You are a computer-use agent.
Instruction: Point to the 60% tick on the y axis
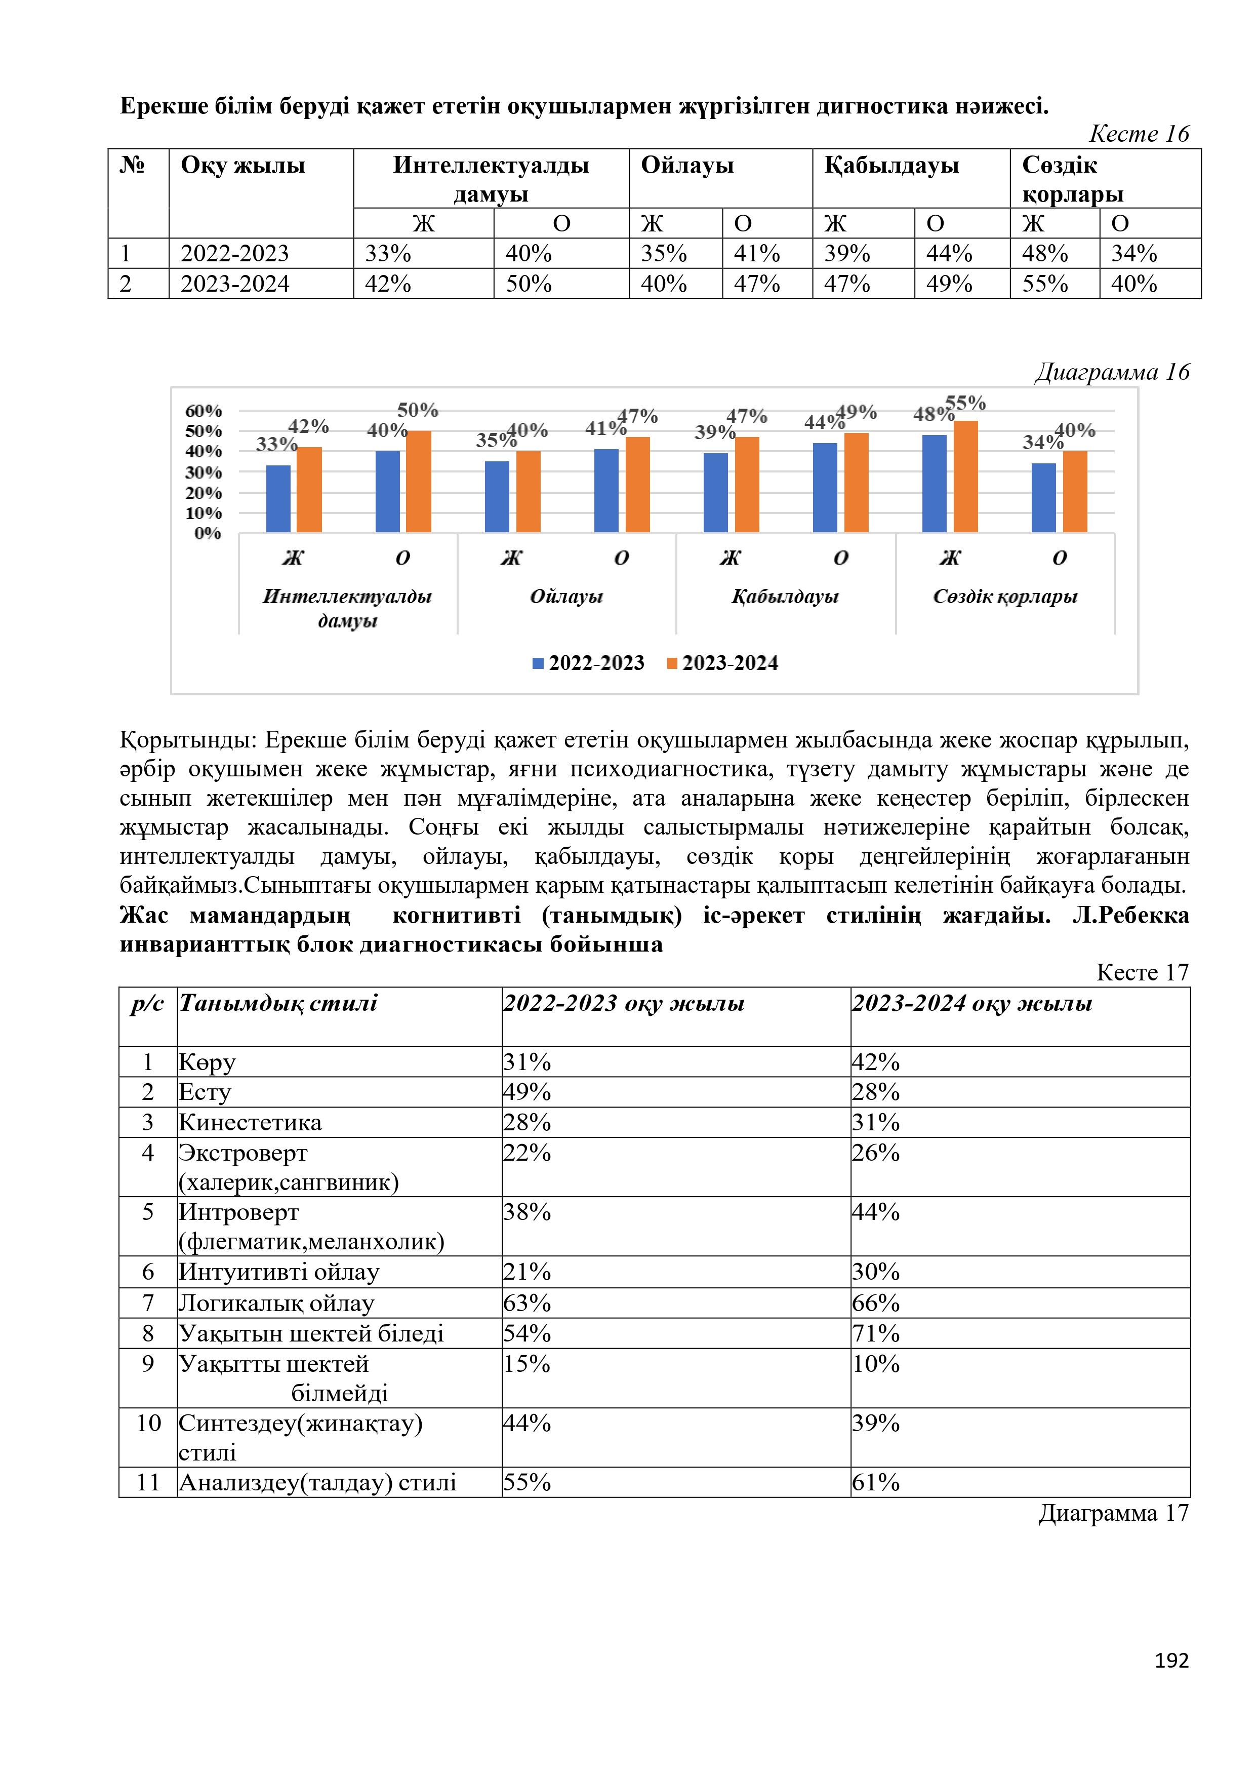(204, 411)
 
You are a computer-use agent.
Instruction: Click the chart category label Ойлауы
(565, 597)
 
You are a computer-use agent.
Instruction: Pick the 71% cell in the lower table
(876, 1333)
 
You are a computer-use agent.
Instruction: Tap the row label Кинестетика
(250, 1122)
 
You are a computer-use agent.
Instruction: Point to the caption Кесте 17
(1142, 972)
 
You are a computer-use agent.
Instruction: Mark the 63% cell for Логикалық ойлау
(527, 1304)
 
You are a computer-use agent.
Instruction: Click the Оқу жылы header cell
(243, 166)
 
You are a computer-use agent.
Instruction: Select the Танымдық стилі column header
(278, 1004)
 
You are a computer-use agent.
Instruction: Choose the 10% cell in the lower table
(876, 1364)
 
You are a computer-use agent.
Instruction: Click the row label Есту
(205, 1092)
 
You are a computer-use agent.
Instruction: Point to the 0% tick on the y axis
(208, 533)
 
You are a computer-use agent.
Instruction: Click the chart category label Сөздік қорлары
(1004, 597)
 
